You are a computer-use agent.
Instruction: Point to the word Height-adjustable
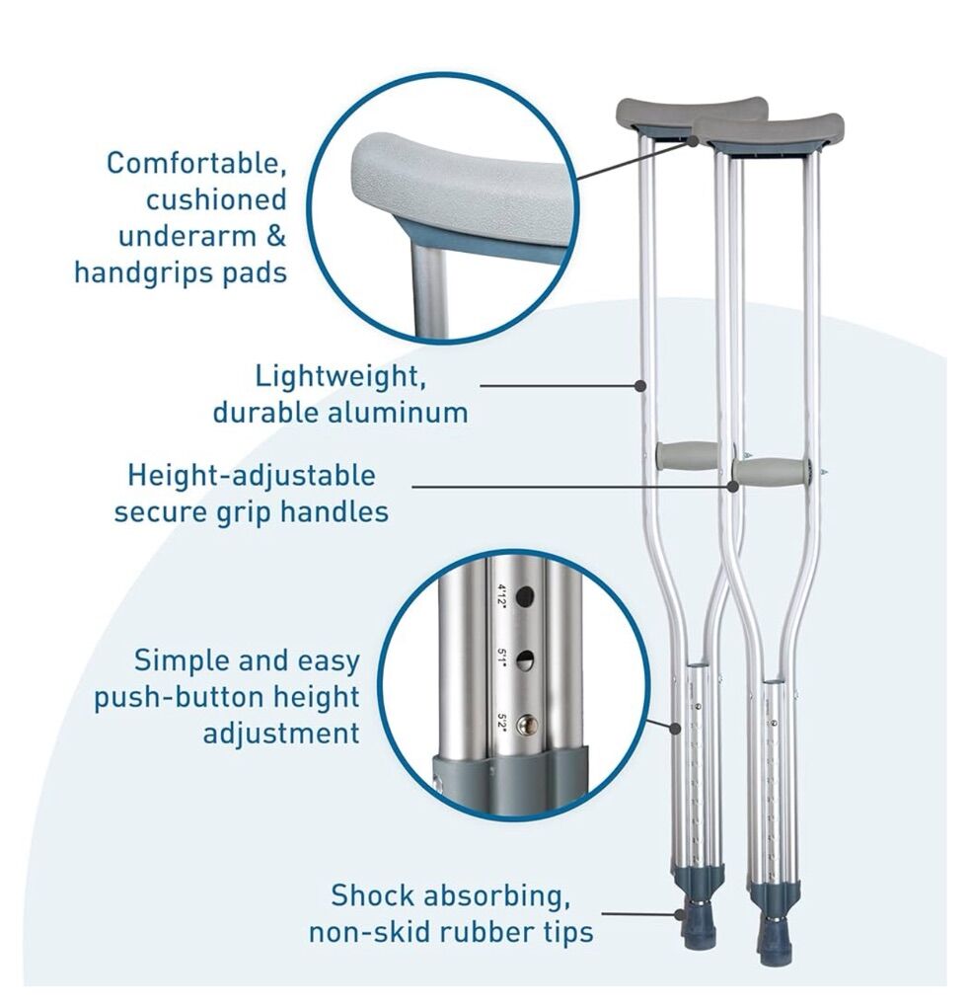coord(251,477)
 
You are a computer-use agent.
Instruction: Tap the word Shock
coord(371,894)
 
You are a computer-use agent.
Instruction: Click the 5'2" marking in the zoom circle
coord(503,723)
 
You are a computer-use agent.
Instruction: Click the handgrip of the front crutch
coord(770,472)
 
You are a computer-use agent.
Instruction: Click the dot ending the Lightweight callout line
coord(639,385)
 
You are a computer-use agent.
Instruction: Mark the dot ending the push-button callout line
coord(675,729)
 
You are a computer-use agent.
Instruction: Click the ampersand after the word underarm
coord(274,236)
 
